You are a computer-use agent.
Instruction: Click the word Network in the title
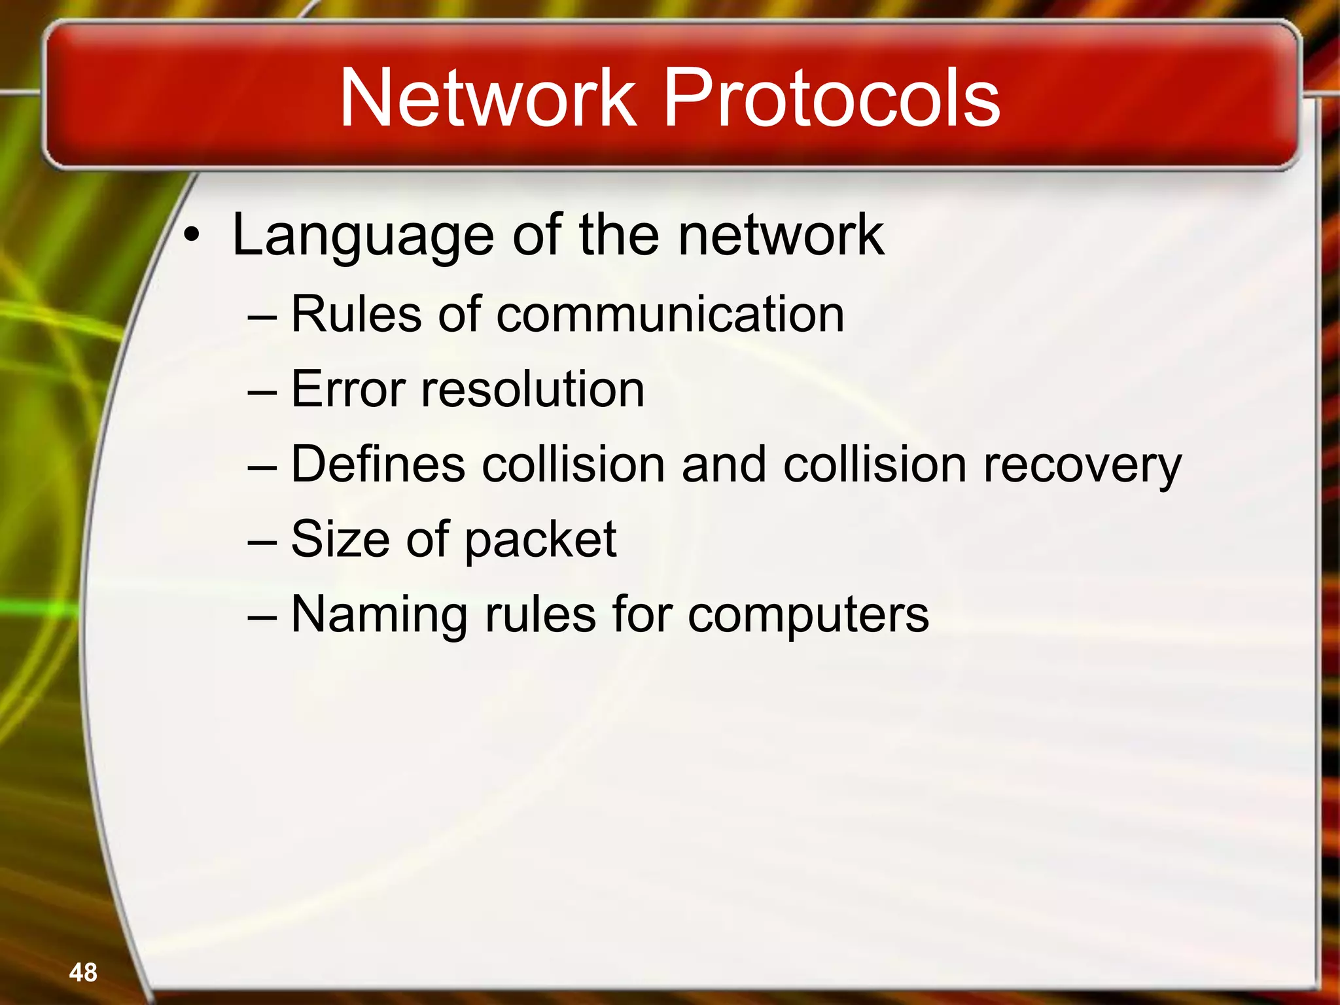[x=487, y=98]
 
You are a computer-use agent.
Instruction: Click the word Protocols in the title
[x=832, y=98]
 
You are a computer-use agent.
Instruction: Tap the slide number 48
[x=83, y=972]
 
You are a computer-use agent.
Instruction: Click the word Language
[x=363, y=236]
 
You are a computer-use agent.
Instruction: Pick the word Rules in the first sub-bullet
[x=356, y=314]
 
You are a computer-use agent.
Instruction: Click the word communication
[x=670, y=314]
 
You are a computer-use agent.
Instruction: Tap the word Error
[x=347, y=389]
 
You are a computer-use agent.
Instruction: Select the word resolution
[x=533, y=389]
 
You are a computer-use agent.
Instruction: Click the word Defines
[x=378, y=464]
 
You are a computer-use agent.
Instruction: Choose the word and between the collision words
[x=723, y=464]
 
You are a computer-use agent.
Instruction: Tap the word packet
[x=540, y=540]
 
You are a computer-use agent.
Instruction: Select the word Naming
[x=378, y=615]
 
